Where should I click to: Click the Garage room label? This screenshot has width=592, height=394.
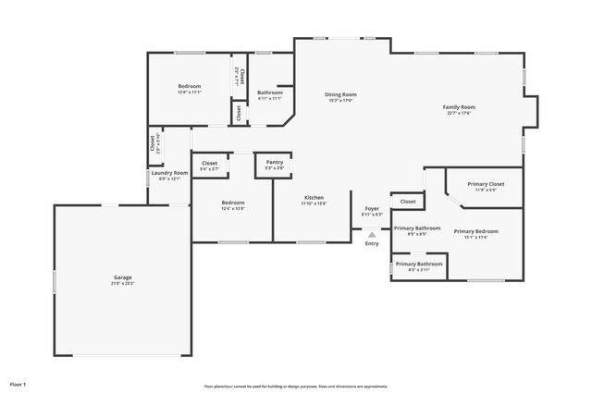[x=122, y=277]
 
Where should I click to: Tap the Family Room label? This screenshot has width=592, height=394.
[x=459, y=107]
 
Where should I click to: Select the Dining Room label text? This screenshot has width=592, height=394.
[x=340, y=94]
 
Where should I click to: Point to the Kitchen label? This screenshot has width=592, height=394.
[x=314, y=198]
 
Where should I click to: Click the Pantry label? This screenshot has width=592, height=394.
[x=274, y=163]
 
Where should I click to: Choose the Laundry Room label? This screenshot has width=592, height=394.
[x=169, y=173]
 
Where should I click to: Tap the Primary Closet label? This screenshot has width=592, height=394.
[x=485, y=184]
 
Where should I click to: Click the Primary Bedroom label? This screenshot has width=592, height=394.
[x=475, y=231]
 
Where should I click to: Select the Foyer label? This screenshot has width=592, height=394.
[x=372, y=209]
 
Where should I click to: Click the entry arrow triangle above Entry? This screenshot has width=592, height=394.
[x=372, y=235]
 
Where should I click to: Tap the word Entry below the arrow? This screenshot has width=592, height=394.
[x=372, y=243]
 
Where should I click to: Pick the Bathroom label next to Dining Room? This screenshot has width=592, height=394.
[x=270, y=92]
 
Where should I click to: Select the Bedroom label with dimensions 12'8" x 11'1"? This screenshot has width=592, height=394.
[x=190, y=87]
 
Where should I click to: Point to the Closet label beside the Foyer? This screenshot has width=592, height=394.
[x=408, y=201]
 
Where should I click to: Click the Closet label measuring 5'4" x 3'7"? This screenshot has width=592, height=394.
[x=210, y=164]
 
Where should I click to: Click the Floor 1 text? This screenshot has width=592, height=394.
[x=18, y=383]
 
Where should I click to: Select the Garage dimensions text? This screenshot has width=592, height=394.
[x=122, y=283]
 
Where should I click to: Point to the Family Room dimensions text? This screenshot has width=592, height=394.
[x=459, y=113]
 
